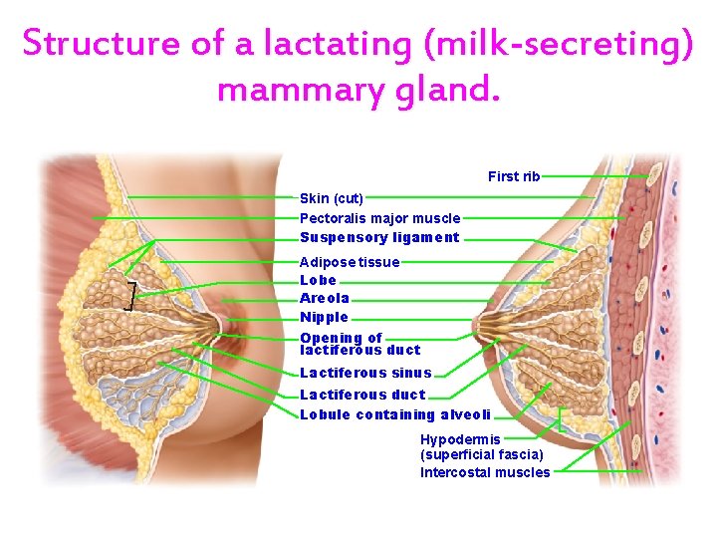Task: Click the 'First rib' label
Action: [513, 176]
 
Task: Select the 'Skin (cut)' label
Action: [331, 198]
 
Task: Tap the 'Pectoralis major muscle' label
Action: [379, 217]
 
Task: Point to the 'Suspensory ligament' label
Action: [379, 237]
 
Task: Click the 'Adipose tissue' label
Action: [349, 262]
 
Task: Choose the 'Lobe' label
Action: [318, 280]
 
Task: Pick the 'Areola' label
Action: [324, 298]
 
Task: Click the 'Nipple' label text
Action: [324, 317]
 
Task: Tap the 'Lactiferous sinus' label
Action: [365, 373]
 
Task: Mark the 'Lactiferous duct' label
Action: [361, 395]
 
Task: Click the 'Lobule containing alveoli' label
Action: [394, 414]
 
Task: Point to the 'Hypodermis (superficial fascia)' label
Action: [481, 446]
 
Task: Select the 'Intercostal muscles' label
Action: [484, 472]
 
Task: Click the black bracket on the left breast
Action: [129, 296]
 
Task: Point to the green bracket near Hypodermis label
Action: [562, 419]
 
